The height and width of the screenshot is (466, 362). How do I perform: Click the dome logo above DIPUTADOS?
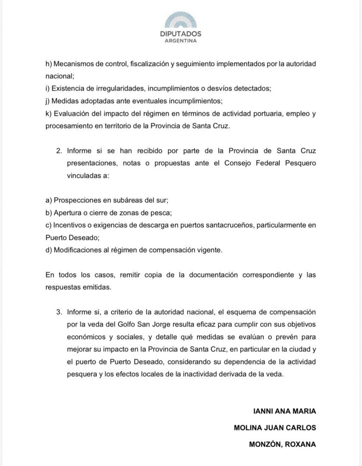[x=180, y=21]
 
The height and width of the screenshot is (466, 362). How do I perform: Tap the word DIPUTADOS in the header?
[x=180, y=34]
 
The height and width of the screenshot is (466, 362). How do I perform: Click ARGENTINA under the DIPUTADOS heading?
[x=180, y=41]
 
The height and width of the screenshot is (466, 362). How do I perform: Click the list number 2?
[x=59, y=151]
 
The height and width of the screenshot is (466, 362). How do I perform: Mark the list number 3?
[x=59, y=312]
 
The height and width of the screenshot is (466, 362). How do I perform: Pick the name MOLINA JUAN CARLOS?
[x=275, y=428]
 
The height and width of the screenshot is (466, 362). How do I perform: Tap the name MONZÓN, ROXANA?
[x=283, y=444]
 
